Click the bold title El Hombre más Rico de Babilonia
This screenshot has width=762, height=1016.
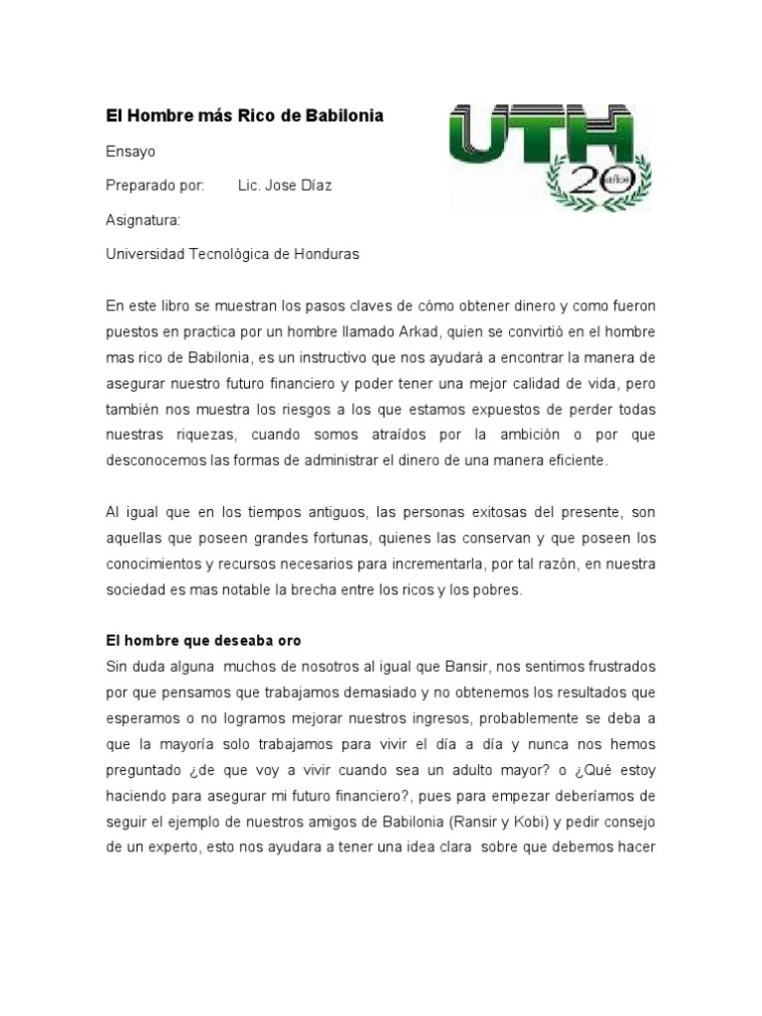244,117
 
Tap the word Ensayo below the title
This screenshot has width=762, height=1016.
130,152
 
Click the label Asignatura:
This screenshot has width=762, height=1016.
143,219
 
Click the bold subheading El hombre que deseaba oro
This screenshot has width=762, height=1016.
209,641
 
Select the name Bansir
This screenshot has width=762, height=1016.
439,666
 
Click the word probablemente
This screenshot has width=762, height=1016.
517,717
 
